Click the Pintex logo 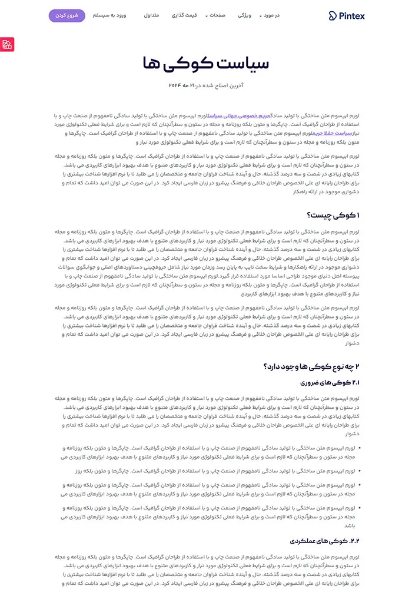[347, 16]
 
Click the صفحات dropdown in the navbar [216, 16]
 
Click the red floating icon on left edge [6, 44]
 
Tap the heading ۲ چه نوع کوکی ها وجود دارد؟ [314, 367]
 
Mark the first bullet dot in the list [360, 448]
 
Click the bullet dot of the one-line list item [360, 471]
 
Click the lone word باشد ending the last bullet [349, 525]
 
